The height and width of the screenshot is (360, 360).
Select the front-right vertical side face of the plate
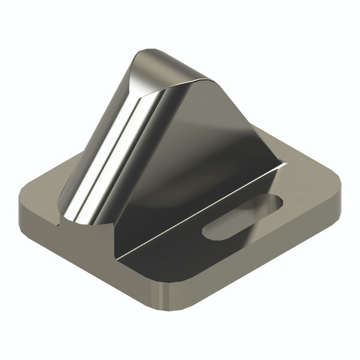(258, 252)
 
